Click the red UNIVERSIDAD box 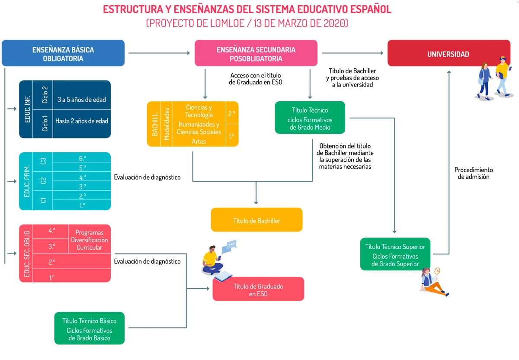coord(448,54)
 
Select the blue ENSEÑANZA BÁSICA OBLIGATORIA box coord(63,54)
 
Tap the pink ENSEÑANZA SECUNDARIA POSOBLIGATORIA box coord(256,54)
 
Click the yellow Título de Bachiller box coord(256,221)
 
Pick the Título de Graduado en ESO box coord(258,290)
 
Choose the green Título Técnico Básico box coord(89,329)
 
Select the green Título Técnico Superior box coord(395,254)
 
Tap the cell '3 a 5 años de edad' coord(81,100)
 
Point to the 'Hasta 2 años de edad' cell coord(81,121)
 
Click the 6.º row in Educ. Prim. coord(82,158)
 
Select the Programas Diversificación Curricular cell coord(89,240)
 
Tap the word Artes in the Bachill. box coord(199,141)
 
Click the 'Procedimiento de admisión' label coord(474,173)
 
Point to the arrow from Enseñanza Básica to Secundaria coord(159,53)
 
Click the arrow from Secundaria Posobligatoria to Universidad coord(352,53)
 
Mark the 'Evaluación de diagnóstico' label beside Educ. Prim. coord(147,177)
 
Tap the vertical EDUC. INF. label coord(28,109)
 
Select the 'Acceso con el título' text coord(255,75)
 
